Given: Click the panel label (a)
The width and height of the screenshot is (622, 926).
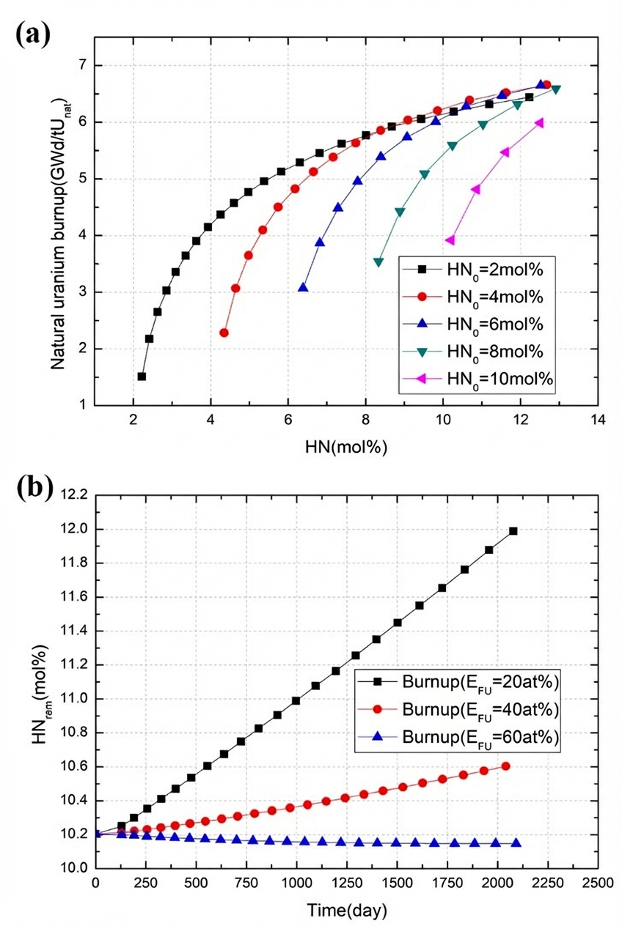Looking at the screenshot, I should click(x=32, y=34).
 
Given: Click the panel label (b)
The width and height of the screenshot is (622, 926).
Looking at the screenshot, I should click(x=32, y=486).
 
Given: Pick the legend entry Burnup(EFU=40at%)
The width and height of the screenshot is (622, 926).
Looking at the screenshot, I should click(x=481, y=711).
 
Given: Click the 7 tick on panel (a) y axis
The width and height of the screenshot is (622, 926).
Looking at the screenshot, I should click(x=81, y=66).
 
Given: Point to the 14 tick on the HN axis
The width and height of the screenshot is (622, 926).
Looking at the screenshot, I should click(x=599, y=420).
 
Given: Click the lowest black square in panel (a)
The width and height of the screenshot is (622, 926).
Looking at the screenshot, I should click(x=142, y=377).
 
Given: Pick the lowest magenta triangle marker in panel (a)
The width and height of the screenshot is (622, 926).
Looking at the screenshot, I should click(x=450, y=240).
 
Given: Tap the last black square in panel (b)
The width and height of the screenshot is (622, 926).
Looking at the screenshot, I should click(x=513, y=531).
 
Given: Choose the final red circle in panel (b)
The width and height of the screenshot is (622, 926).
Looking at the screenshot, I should click(x=505, y=766).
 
